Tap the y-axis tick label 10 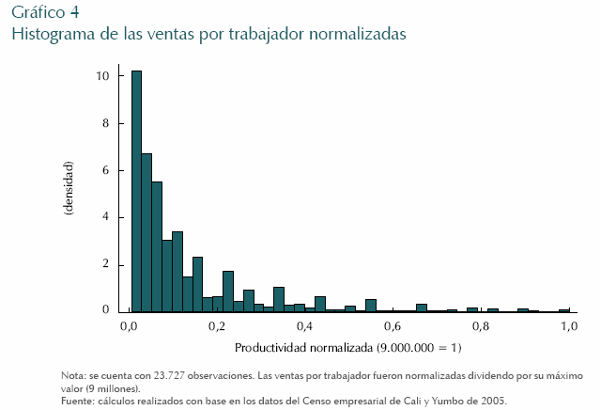click(x=103, y=75)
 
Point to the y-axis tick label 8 click(x=106, y=122)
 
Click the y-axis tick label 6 click(x=106, y=169)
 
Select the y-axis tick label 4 click(x=106, y=216)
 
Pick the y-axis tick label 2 click(x=106, y=263)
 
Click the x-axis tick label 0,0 click(x=130, y=326)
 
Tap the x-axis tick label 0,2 click(x=216, y=326)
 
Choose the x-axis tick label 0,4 click(x=304, y=326)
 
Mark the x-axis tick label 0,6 click(x=393, y=326)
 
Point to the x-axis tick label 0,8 click(x=480, y=326)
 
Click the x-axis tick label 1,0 click(x=568, y=326)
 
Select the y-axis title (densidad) click(x=69, y=193)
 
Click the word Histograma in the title click(x=49, y=34)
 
